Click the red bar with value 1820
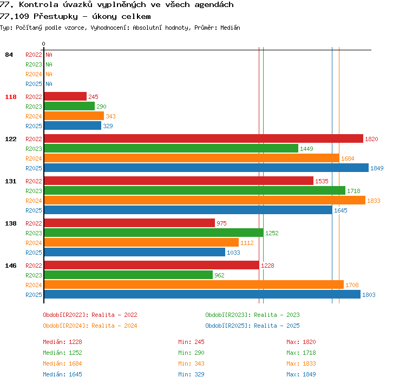204,138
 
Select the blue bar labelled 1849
206,168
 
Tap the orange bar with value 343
74,116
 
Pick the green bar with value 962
128,275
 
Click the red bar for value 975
129,223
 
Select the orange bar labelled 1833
205,200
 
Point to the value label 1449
306,149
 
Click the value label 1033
233,253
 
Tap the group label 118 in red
11,97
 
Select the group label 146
11,266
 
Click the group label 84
9,55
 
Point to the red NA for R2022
49,55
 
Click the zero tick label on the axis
43,44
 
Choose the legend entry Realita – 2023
277,315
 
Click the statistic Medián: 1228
62,342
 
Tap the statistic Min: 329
191,374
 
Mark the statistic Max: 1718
301,353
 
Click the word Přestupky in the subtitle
56,17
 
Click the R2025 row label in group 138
34,253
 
